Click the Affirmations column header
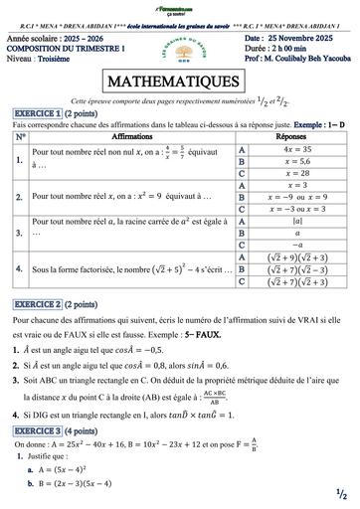click(x=126, y=135)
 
